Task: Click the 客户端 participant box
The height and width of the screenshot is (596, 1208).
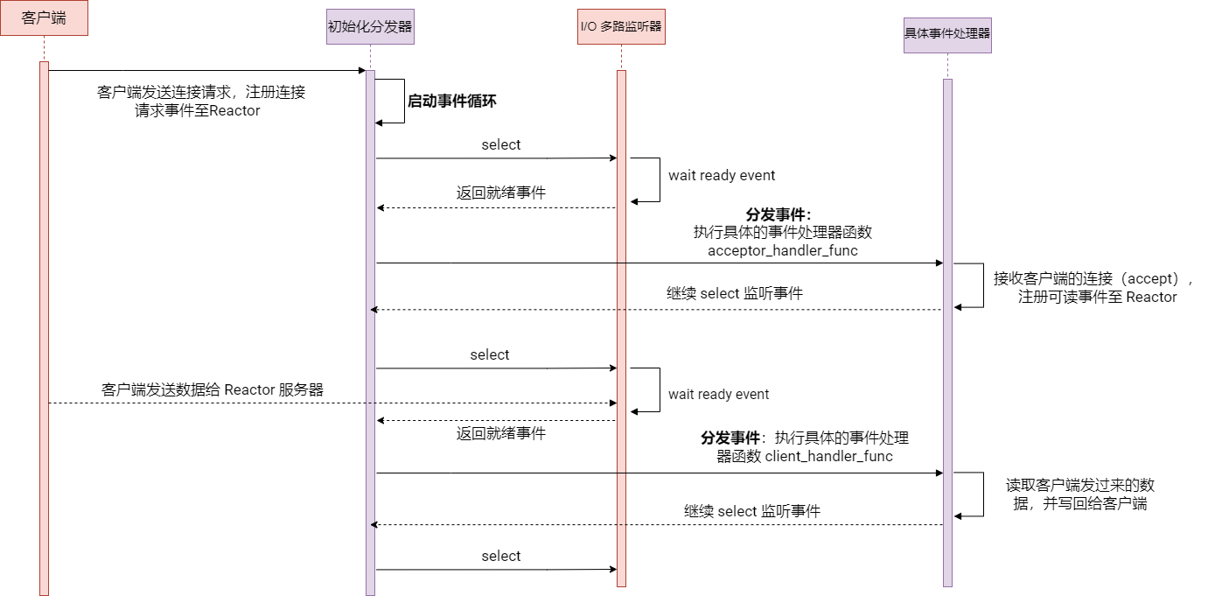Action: (44, 18)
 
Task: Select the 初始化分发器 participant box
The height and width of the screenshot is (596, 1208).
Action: (370, 26)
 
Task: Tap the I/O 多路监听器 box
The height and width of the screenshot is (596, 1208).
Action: (621, 26)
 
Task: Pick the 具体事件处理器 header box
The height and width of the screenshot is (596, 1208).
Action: (947, 35)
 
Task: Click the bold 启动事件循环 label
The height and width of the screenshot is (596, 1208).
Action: (451, 102)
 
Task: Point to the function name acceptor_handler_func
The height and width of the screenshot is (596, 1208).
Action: (782, 251)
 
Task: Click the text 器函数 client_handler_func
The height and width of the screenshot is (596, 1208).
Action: (805, 456)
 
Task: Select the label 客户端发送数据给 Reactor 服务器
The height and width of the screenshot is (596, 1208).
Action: (213, 390)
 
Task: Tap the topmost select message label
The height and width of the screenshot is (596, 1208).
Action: (501, 145)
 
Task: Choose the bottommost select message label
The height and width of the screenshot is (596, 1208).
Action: (501, 557)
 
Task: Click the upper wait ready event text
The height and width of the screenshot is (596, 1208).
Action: (722, 176)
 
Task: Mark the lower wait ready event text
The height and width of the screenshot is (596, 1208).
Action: (718, 395)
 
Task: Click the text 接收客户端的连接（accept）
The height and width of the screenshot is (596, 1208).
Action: (1093, 279)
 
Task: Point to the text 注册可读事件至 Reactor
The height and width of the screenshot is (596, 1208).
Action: (1098, 298)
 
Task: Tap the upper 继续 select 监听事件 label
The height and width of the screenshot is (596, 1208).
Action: (735, 294)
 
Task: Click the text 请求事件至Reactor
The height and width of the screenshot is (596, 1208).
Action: (198, 111)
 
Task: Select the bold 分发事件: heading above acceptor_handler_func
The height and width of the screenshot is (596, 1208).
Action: (779, 214)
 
